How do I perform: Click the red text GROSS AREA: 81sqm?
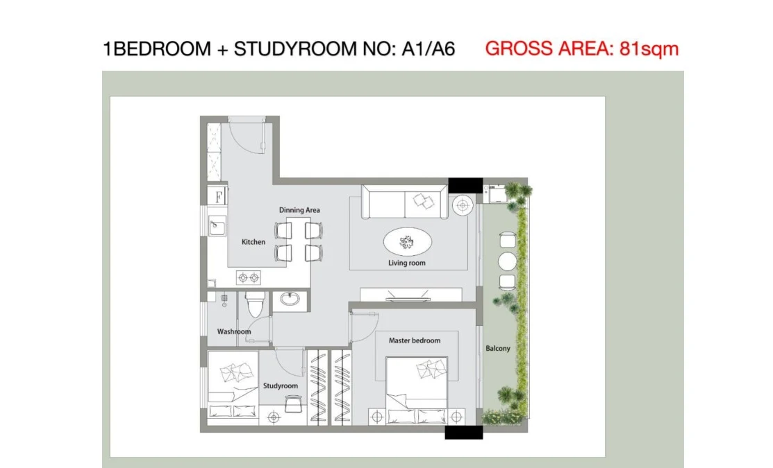click(x=582, y=49)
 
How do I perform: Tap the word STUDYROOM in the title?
click(x=294, y=49)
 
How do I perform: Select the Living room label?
click(x=407, y=263)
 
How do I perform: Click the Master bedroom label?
click(x=415, y=340)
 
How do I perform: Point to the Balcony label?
click(x=498, y=349)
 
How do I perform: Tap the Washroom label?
click(x=234, y=331)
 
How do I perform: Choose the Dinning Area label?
click(x=299, y=210)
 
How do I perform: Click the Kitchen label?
click(x=253, y=242)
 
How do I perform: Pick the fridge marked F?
click(x=217, y=196)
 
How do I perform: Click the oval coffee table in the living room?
click(x=408, y=242)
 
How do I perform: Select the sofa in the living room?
click(x=405, y=202)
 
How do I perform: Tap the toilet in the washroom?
click(x=256, y=304)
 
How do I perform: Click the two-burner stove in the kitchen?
click(x=249, y=278)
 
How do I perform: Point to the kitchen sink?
click(x=217, y=227)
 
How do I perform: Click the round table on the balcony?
click(x=507, y=261)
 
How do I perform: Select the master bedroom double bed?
click(x=417, y=390)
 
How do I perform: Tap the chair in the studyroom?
click(x=294, y=404)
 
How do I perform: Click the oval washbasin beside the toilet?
click(x=290, y=299)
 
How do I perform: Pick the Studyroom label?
click(x=281, y=385)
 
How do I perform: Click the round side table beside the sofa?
click(x=463, y=205)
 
